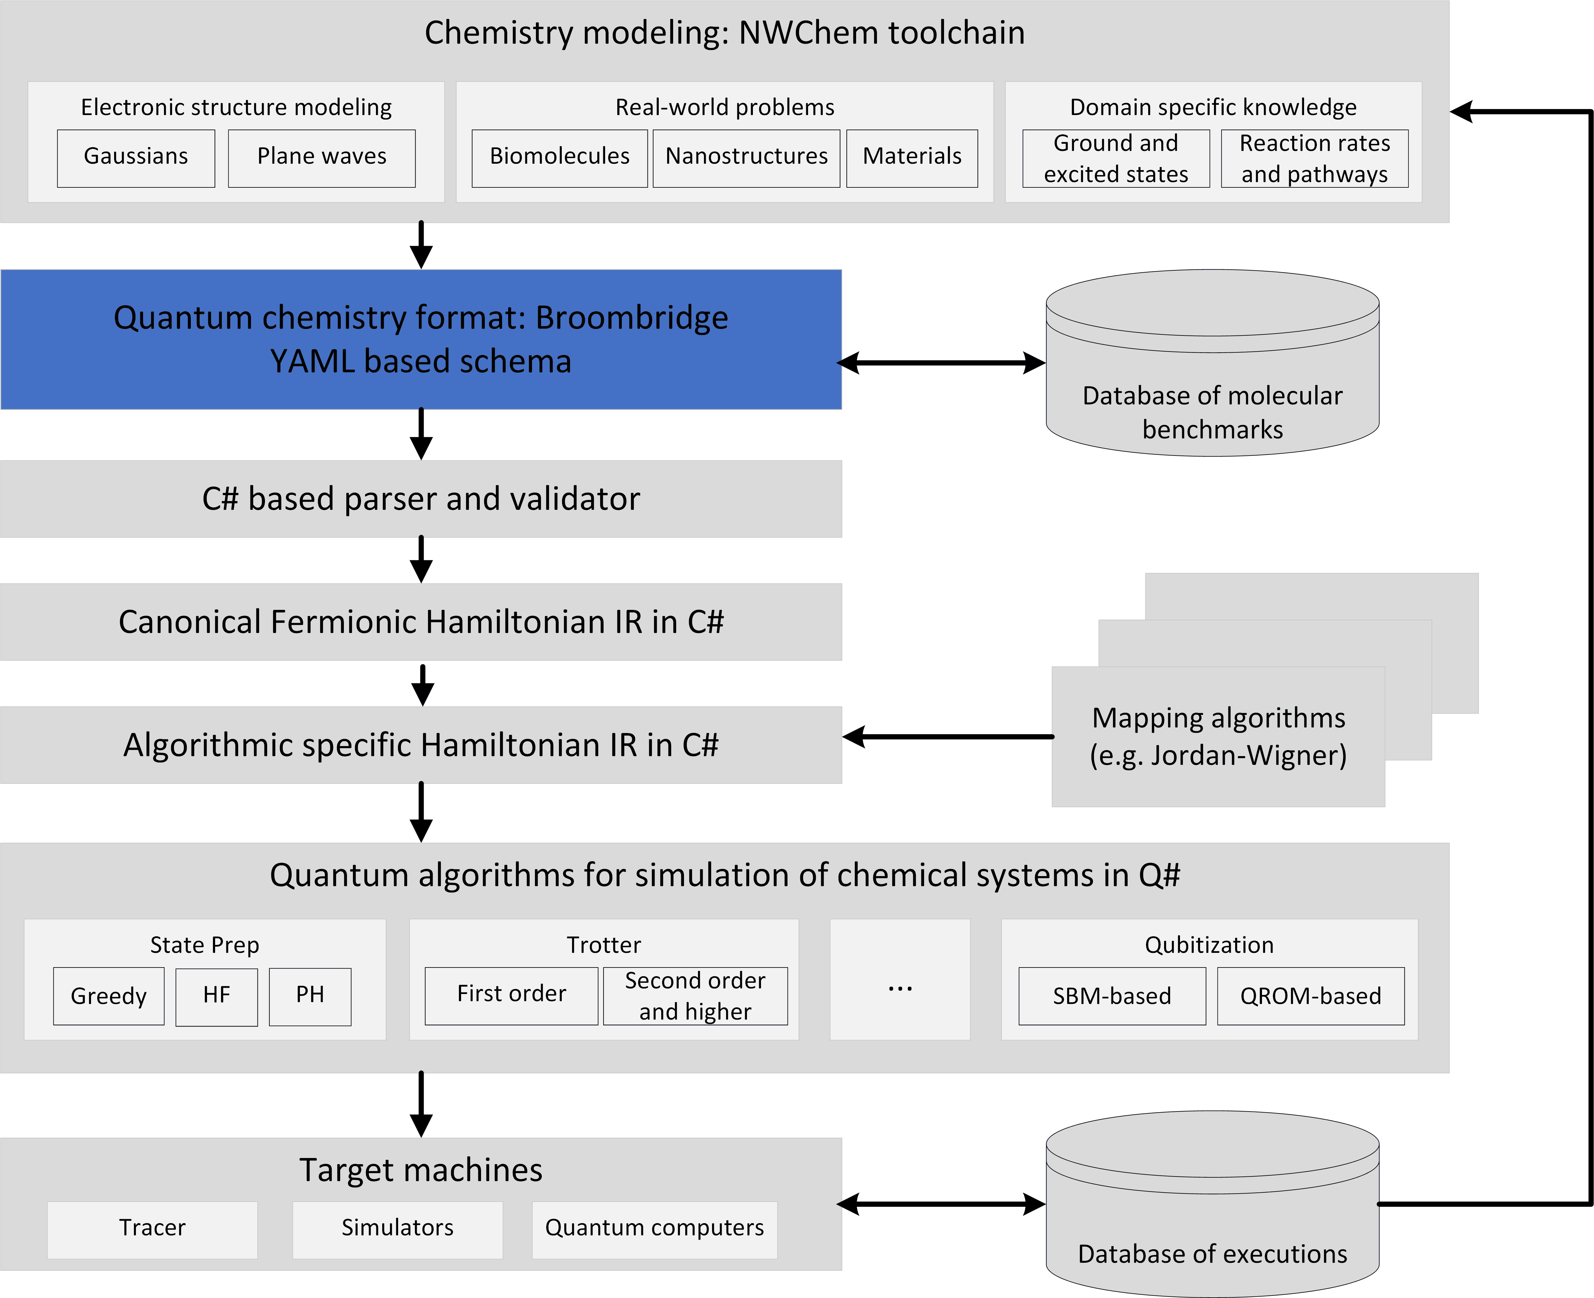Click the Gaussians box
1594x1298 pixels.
point(136,158)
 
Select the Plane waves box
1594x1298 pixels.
point(321,158)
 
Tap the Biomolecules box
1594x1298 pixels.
point(559,158)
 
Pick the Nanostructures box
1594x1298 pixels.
point(746,158)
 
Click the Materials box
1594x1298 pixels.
point(912,158)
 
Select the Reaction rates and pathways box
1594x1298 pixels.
point(1314,158)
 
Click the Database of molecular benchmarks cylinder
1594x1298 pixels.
point(1212,363)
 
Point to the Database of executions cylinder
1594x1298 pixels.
point(1212,1204)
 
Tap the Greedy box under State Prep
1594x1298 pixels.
point(108,996)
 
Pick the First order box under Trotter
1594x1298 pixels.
point(511,996)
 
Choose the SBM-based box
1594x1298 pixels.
point(1112,996)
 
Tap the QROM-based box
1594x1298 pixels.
point(1311,996)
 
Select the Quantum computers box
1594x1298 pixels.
point(654,1230)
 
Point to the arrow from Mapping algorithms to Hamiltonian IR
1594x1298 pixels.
point(948,736)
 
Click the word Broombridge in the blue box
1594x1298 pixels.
point(632,318)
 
